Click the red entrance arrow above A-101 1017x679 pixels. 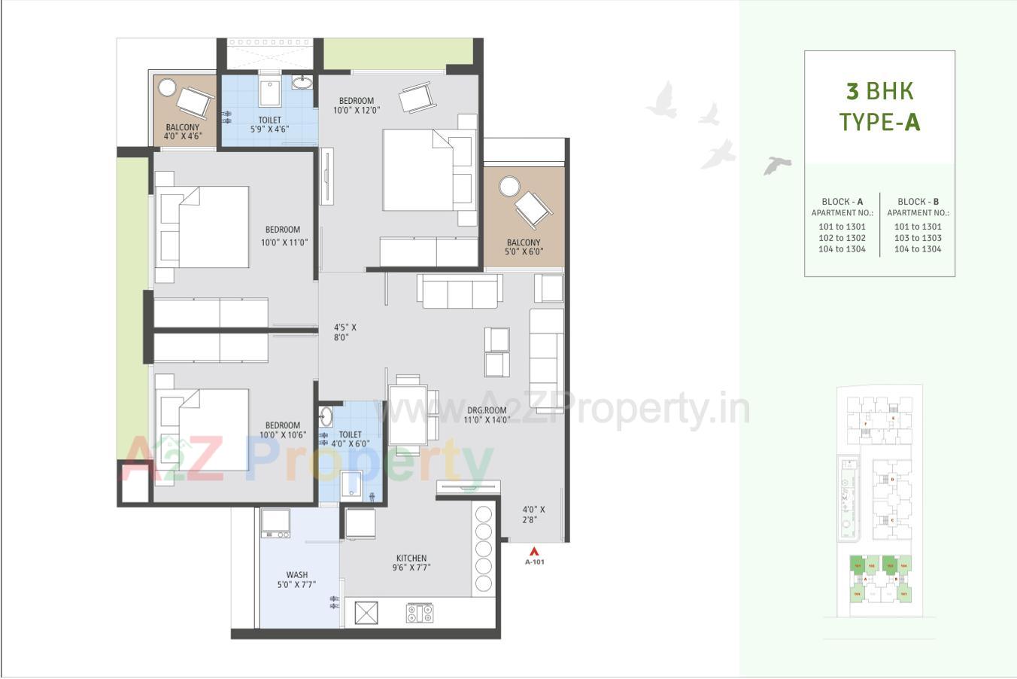click(534, 550)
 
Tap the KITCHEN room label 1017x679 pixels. click(411, 559)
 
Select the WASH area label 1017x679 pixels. click(296, 574)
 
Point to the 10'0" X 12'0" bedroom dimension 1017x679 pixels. click(357, 110)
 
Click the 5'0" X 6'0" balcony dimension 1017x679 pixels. click(524, 252)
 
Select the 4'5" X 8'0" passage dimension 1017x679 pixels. click(345, 333)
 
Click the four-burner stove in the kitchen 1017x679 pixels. click(420, 613)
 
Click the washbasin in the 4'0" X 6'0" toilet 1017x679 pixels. click(326, 416)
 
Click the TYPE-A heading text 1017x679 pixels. click(879, 121)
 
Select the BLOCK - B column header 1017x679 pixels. click(918, 202)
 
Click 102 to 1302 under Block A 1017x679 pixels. click(842, 238)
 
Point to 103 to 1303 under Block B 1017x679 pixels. click(918, 238)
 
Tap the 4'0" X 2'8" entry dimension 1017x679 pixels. click(534, 514)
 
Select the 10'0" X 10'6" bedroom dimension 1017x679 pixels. click(281, 435)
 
